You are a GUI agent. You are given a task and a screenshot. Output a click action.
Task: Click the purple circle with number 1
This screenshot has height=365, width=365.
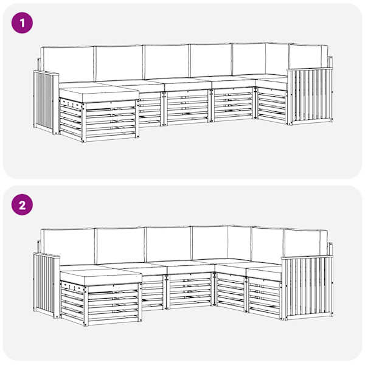(x=22, y=23)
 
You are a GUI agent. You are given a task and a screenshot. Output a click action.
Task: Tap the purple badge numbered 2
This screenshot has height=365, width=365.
(x=22, y=204)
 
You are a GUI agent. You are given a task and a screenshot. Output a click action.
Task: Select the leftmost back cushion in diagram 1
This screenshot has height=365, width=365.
(x=67, y=63)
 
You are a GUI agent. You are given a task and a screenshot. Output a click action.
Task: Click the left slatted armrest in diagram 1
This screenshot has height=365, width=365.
(x=46, y=102)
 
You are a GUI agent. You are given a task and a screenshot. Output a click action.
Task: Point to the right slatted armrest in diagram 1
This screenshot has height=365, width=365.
(x=310, y=96)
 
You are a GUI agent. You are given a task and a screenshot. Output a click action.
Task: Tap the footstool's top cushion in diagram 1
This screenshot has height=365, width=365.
(x=99, y=94)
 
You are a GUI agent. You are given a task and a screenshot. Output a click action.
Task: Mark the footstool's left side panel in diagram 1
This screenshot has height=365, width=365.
(x=71, y=119)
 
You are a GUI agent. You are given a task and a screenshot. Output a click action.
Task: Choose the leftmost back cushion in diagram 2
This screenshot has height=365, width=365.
(x=68, y=246)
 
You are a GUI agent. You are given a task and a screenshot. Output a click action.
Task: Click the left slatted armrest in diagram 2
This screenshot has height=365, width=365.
(x=47, y=286)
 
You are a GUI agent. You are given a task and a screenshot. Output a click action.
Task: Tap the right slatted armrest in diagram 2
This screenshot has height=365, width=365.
(x=307, y=287)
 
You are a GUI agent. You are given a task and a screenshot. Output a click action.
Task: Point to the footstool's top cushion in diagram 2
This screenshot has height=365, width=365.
(x=101, y=277)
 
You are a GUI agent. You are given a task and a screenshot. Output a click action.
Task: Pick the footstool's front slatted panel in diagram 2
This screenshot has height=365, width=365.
(x=113, y=305)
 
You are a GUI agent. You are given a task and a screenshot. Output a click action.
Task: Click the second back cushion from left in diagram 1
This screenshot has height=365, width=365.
(x=119, y=63)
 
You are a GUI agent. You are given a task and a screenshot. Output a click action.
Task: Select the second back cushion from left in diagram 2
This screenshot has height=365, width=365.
(x=120, y=245)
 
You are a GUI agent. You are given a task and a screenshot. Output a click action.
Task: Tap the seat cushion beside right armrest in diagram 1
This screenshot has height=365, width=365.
(x=271, y=82)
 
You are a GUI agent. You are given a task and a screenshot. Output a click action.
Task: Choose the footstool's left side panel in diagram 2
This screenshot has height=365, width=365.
(x=72, y=302)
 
